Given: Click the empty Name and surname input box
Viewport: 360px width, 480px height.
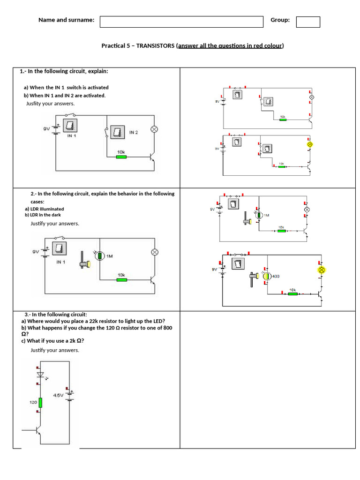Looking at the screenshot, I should coord(181,22).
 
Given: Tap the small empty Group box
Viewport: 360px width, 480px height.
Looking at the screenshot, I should coord(308,22).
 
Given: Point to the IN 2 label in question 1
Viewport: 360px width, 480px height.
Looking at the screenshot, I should coord(134,133).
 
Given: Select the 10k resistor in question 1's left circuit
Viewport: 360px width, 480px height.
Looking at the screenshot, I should coord(121,157).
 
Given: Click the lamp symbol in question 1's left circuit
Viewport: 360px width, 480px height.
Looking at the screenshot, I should coord(153,129).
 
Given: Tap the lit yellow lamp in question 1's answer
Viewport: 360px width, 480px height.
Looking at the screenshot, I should coord(309,145).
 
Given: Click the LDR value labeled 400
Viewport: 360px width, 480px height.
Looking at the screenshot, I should coord(276,277).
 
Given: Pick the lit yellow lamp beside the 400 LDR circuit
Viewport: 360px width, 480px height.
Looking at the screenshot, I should coord(322,270).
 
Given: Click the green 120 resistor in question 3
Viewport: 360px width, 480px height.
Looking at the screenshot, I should coord(41,402).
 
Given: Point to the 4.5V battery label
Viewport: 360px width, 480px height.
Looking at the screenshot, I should coord(59,395).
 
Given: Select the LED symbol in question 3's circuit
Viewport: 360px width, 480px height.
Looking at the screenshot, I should coord(40,375).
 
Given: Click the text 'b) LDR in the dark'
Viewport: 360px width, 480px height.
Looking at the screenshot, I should coord(44,215).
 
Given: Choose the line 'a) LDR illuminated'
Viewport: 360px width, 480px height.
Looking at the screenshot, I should coord(45,209).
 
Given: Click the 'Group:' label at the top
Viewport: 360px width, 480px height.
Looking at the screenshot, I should coord(280,20).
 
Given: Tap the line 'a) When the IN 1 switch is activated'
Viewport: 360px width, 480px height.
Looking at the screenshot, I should coord(66,87).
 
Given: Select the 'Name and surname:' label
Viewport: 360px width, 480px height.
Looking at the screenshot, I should coord(66,20).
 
